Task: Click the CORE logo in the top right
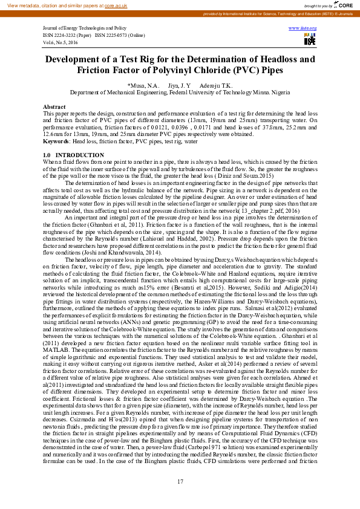[x=345, y=5]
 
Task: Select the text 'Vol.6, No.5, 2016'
[x=61, y=42]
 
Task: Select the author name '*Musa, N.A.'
[x=143, y=86]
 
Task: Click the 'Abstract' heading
[x=54, y=106]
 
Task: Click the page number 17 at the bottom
[x=180, y=481]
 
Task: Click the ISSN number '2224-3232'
[x=70, y=35]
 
